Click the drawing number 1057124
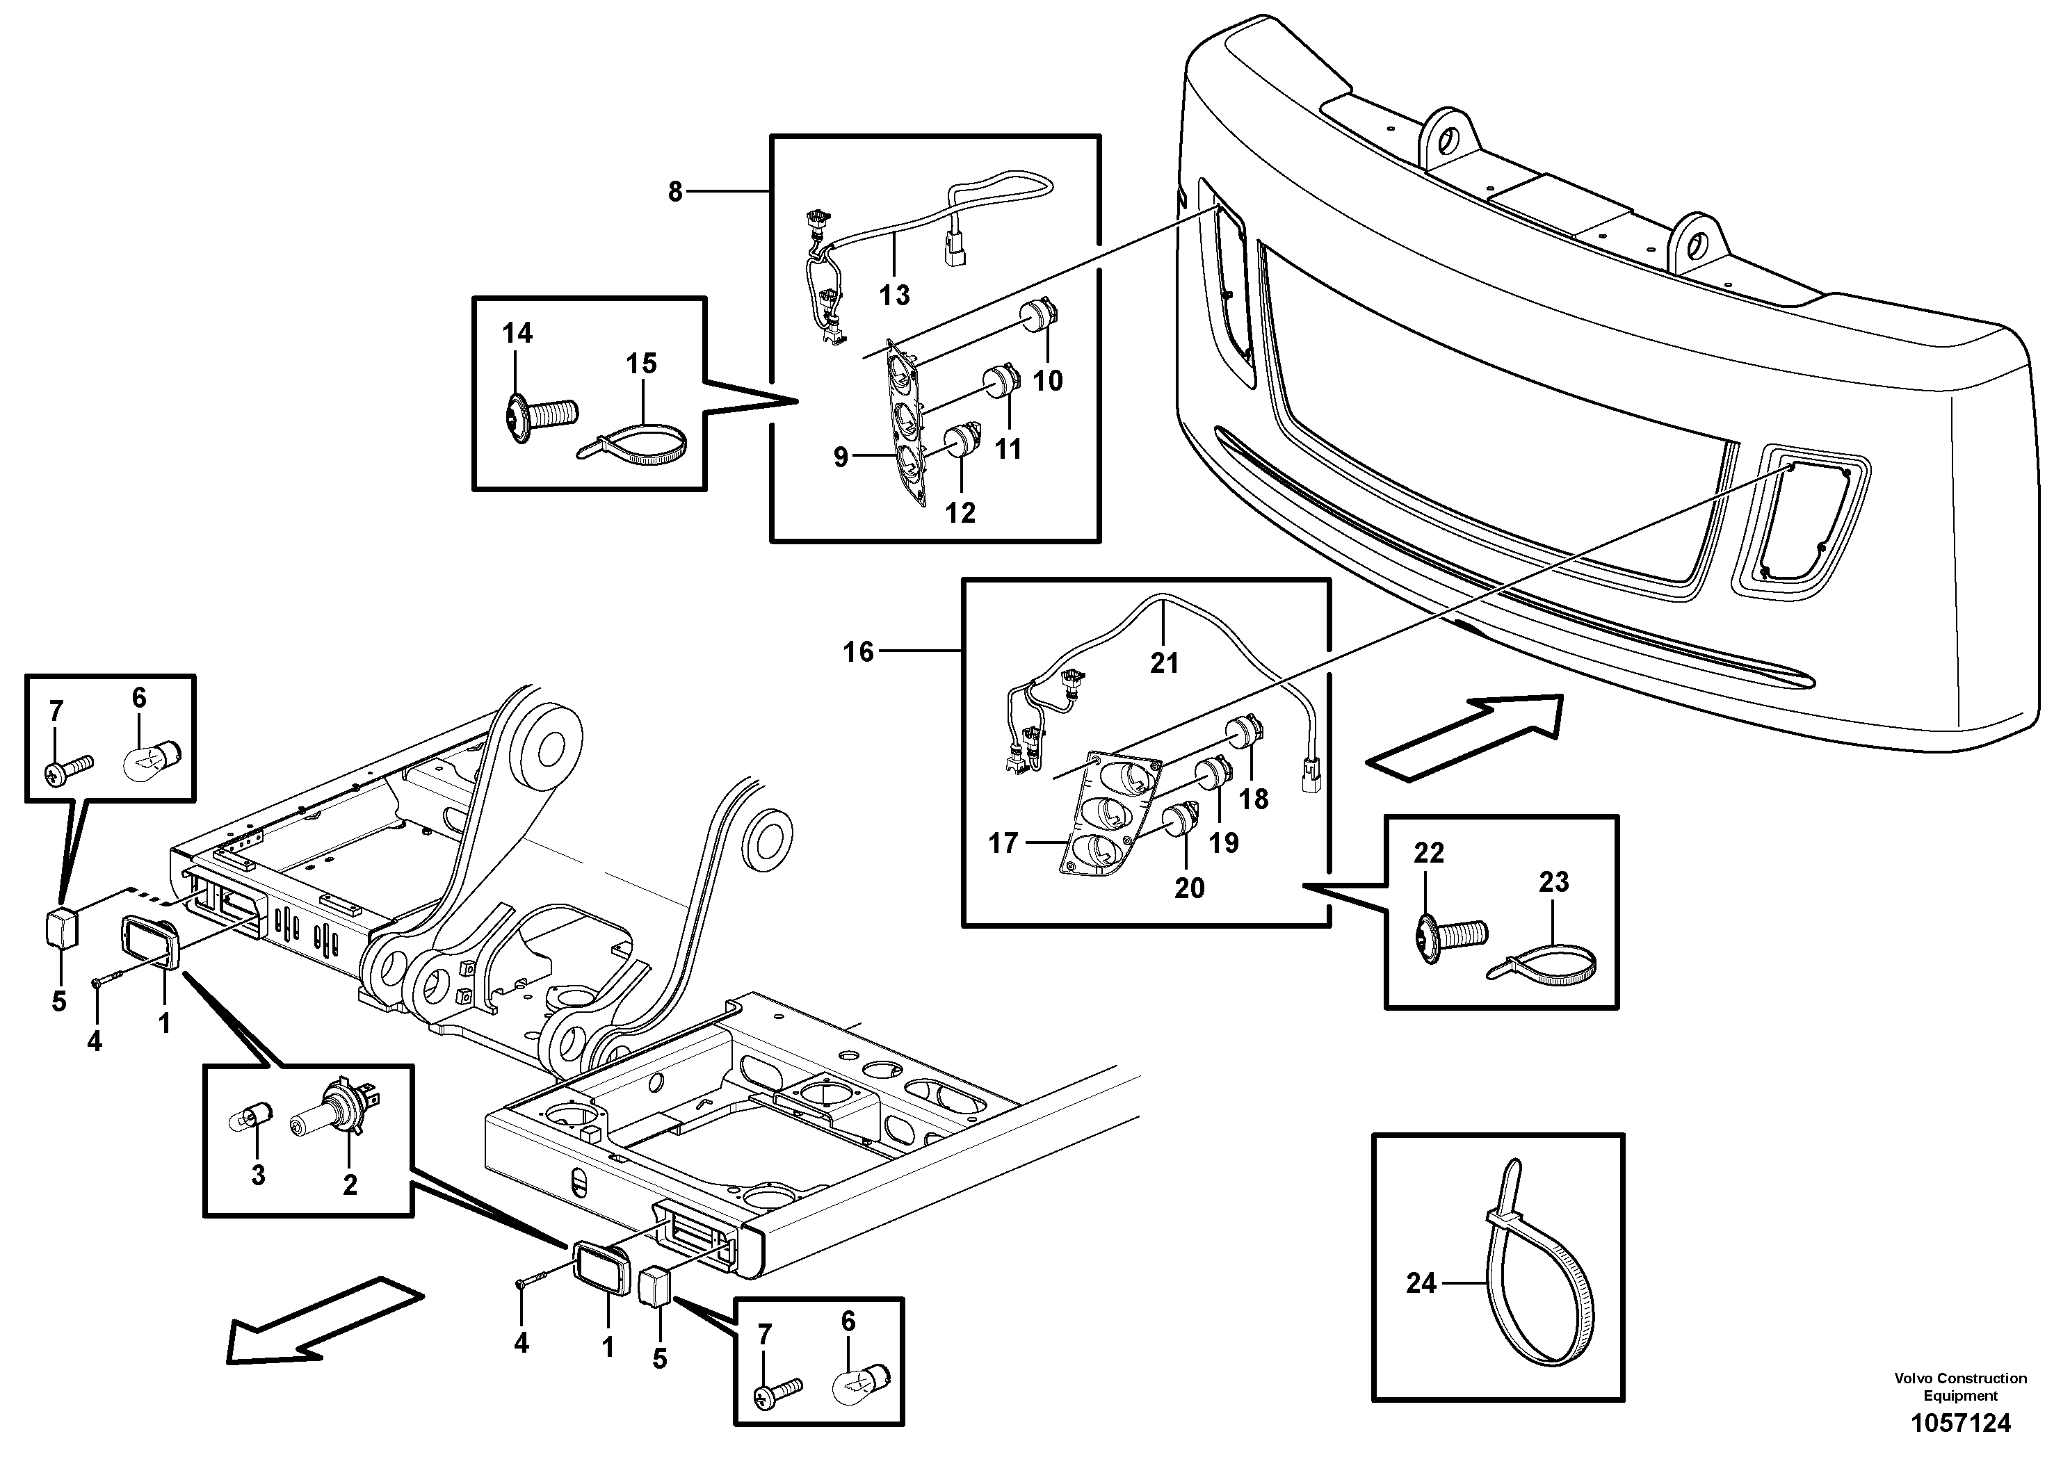click(x=1960, y=1424)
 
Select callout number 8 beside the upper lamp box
click(x=675, y=191)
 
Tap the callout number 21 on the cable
click(x=1164, y=662)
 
